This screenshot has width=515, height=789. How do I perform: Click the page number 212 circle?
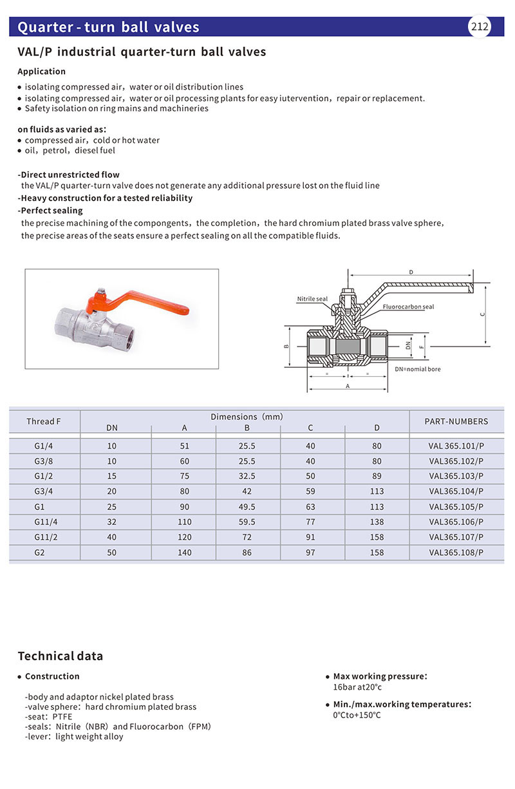(x=479, y=26)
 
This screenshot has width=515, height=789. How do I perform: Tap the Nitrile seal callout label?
(x=312, y=299)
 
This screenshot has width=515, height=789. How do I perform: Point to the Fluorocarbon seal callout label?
(x=408, y=307)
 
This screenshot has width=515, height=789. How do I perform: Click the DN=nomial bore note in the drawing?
(x=418, y=369)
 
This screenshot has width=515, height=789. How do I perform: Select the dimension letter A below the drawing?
(x=348, y=386)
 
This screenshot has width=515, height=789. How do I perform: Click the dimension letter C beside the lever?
(x=482, y=314)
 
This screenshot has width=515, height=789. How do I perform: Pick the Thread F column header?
(x=44, y=421)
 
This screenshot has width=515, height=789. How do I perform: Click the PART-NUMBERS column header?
(x=456, y=421)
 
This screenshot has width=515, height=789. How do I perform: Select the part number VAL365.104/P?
(x=456, y=491)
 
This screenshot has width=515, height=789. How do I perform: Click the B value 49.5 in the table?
(x=247, y=507)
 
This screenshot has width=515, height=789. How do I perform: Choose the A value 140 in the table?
(x=185, y=553)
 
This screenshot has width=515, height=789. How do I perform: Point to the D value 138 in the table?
(x=377, y=522)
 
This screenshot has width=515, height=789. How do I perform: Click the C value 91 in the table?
(x=311, y=537)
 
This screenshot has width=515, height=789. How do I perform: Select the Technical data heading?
(x=60, y=656)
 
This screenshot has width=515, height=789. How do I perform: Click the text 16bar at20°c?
(x=357, y=687)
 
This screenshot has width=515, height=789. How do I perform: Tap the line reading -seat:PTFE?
(x=49, y=716)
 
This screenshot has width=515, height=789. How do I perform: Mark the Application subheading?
(x=42, y=71)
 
